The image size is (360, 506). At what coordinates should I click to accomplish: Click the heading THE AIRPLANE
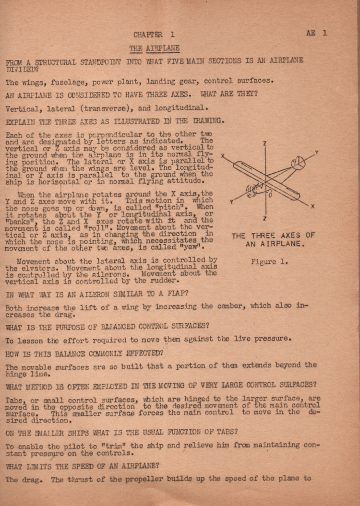coord(154,48)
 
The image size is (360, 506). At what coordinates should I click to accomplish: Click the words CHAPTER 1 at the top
coord(154,35)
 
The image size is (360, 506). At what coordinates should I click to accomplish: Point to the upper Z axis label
coord(265,143)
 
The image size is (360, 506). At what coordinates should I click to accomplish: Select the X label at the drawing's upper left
coord(223,156)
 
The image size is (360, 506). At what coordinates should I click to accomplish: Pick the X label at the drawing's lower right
coord(312,206)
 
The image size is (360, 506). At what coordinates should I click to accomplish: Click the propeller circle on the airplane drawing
coord(298,164)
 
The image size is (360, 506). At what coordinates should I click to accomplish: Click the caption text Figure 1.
coord(269,262)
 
